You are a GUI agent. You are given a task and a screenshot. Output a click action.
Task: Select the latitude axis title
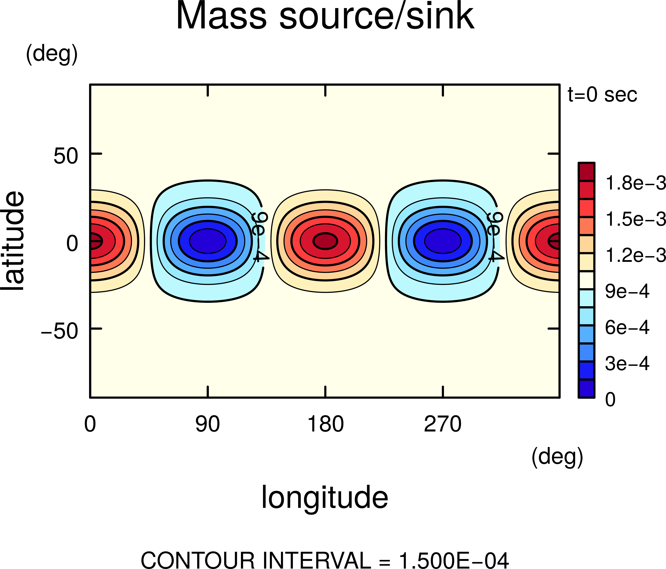13,241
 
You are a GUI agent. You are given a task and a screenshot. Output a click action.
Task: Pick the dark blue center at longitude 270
443,241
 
